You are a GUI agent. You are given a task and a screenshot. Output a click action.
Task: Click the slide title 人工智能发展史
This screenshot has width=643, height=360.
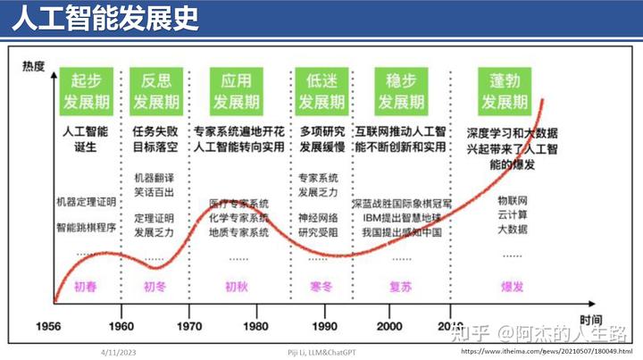click(x=105, y=21)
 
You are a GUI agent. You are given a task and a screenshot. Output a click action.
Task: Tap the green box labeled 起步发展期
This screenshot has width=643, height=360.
click(x=85, y=90)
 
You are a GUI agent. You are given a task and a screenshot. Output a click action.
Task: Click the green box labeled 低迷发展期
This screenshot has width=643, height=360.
click(x=320, y=90)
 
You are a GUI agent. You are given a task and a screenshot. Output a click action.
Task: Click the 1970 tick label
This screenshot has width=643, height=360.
click(x=189, y=326)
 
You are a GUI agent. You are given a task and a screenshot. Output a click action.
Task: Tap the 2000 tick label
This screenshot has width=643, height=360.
click(x=389, y=326)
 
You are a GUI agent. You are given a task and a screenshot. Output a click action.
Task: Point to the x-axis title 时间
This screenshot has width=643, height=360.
click(x=589, y=319)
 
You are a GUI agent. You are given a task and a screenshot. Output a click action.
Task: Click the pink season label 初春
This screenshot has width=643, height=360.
click(x=86, y=287)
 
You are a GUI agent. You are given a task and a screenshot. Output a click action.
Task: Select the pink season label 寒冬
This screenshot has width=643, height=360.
click(x=320, y=287)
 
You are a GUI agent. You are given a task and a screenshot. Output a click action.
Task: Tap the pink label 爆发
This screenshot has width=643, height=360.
click(x=512, y=287)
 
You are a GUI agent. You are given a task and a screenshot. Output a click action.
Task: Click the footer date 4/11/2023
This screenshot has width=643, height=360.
click(x=121, y=352)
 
